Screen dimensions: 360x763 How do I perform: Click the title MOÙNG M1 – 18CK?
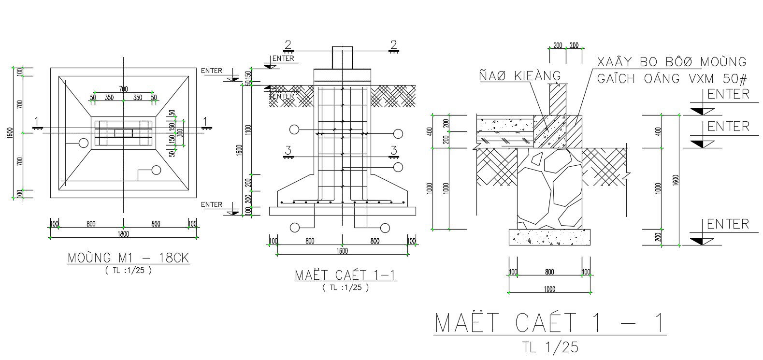pyautogui.click(x=128, y=258)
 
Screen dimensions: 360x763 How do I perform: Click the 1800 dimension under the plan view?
pyautogui.click(x=123, y=234)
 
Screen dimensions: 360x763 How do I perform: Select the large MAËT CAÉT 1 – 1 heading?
pyautogui.click(x=549, y=323)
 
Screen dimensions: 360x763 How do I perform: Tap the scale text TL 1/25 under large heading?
pyautogui.click(x=549, y=346)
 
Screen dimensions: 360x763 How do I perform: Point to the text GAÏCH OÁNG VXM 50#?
pyautogui.click(x=672, y=79)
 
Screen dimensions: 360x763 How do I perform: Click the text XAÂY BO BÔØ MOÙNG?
pyautogui.click(x=672, y=62)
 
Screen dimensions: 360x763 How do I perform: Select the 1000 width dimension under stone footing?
pyautogui.click(x=549, y=289)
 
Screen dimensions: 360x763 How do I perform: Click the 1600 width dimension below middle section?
pyautogui.click(x=342, y=251)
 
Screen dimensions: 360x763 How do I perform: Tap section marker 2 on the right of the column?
pyautogui.click(x=394, y=45)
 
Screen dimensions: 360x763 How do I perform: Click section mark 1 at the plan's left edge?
pyautogui.click(x=37, y=122)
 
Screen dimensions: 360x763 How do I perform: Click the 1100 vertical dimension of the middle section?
pyautogui.click(x=248, y=130)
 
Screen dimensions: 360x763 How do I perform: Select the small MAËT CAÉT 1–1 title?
pyautogui.click(x=346, y=275)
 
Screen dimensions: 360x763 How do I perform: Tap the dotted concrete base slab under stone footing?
pyautogui.click(x=549, y=237)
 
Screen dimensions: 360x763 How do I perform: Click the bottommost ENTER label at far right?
pyautogui.click(x=728, y=224)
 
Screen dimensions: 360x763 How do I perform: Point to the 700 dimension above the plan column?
pyautogui.click(x=123, y=89)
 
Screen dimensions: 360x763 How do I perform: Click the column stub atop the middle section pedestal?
pyautogui.click(x=342, y=58)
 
